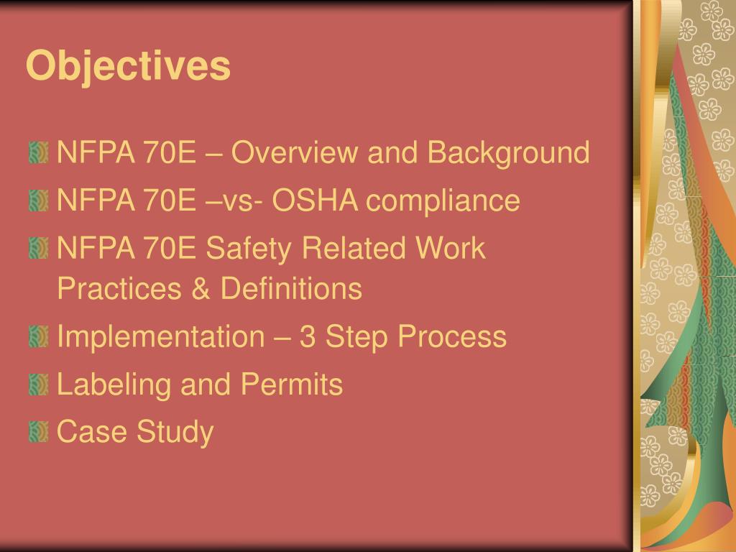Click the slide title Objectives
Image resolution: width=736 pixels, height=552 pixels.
128,66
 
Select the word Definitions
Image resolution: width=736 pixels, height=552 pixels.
291,289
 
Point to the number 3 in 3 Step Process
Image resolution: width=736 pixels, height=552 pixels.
308,336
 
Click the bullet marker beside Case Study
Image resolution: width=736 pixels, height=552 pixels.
39,432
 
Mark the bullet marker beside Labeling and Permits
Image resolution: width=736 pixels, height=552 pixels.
39,385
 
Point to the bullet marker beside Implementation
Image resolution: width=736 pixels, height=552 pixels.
39,336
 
